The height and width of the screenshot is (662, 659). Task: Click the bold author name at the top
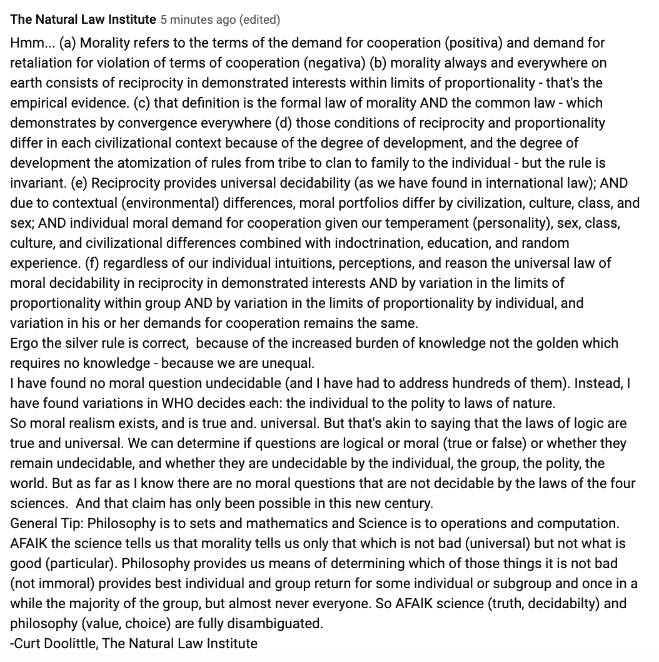(83, 19)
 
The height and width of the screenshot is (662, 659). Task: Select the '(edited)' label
(258, 19)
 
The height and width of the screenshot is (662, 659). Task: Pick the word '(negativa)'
(335, 63)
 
